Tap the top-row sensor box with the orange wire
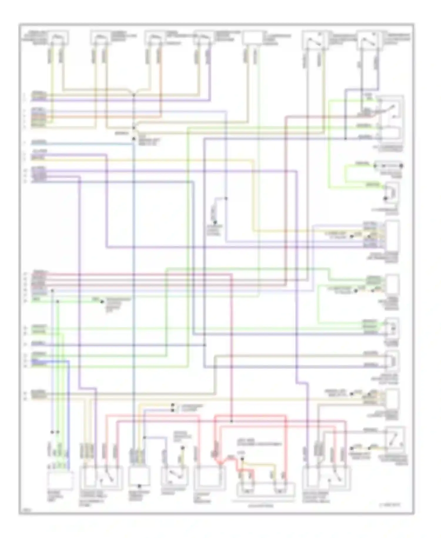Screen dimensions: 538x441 pyautogui.click(x=154, y=38)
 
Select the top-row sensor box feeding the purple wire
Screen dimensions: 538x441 pyautogui.click(x=203, y=38)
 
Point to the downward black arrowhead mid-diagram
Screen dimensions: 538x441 pyautogui.click(x=215, y=223)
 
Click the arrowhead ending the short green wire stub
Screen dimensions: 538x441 pyautogui.click(x=102, y=302)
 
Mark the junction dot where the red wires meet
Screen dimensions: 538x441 pyautogui.click(x=231, y=421)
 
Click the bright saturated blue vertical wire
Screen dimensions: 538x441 pyautogui.click(x=69, y=412)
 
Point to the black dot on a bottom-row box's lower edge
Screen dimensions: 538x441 pyautogui.click(x=139, y=486)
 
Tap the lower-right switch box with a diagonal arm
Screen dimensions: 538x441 pyautogui.click(x=395, y=439)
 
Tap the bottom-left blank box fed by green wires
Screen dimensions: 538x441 pyautogui.click(x=60, y=480)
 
